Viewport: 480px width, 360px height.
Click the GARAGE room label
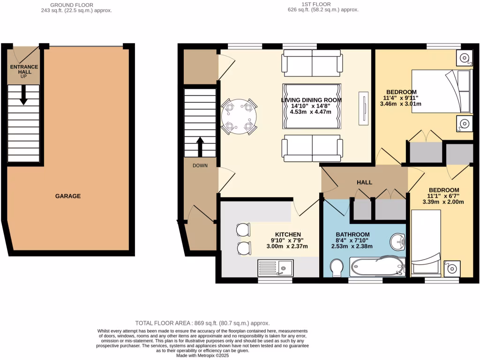point(67,196)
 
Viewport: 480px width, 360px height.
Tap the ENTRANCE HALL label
point(24,70)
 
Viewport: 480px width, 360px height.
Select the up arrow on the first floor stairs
point(200,146)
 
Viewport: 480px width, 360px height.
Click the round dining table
point(239,116)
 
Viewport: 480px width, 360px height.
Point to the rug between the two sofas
point(311,106)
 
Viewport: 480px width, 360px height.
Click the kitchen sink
point(275,269)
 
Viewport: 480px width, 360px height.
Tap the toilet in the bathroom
point(337,269)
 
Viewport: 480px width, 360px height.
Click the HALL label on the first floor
point(364,182)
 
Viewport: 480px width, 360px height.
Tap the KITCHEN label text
point(288,234)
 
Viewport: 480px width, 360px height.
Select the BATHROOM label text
point(352,234)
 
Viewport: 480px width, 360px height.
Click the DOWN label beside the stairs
point(200,165)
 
